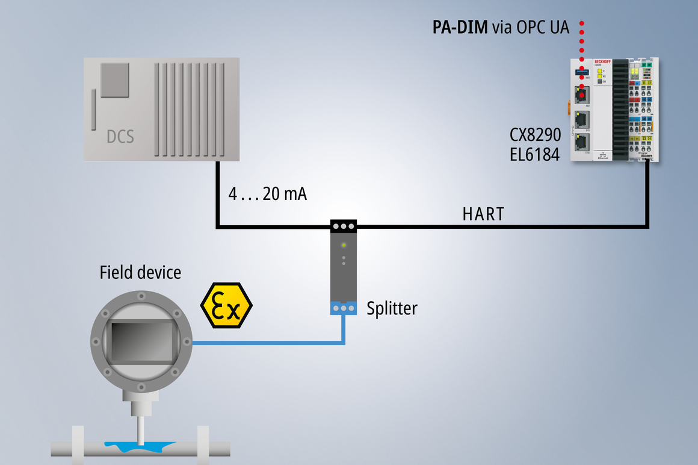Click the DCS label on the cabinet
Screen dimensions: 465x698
120,137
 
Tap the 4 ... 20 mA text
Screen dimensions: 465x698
267,195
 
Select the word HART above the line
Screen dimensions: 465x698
483,214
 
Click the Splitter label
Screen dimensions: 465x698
392,308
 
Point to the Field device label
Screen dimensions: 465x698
140,272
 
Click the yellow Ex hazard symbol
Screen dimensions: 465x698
226,306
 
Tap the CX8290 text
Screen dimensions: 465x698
535,135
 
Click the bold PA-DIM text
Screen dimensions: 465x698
460,27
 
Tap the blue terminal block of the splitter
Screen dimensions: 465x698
344,308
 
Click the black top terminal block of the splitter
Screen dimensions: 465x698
344,226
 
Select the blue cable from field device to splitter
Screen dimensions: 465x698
271,343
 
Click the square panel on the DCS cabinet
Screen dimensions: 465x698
115,80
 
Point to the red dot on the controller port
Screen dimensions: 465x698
582,95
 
